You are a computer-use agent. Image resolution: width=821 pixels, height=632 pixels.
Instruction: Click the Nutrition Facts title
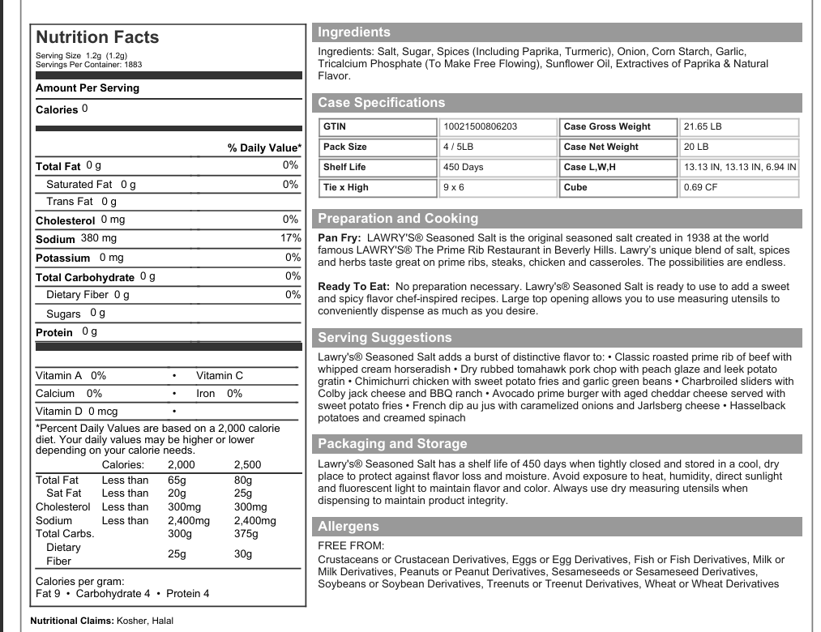coord(97,37)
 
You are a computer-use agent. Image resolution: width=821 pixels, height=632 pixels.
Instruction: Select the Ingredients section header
coord(354,32)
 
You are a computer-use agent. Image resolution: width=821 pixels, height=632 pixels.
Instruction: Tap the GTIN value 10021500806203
coord(481,126)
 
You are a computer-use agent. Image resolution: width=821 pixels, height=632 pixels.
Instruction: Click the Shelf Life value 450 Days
coord(464,167)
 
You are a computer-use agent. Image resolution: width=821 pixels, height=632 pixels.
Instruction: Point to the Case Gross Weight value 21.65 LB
coord(703,126)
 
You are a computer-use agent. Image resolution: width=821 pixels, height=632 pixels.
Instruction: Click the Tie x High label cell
coord(346,187)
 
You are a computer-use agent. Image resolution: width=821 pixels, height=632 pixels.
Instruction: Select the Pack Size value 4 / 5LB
coord(459,147)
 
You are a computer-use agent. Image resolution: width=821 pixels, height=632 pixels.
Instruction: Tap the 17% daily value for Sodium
coord(290,238)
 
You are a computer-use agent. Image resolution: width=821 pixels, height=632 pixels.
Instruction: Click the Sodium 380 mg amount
coord(98,238)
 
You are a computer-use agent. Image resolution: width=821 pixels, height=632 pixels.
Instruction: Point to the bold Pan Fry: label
coord(340,238)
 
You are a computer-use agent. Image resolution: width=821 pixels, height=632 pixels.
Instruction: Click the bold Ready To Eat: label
coord(354,287)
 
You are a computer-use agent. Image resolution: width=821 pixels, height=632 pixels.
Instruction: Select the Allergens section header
coord(348,527)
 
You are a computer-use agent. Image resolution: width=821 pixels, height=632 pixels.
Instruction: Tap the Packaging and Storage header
coord(392,444)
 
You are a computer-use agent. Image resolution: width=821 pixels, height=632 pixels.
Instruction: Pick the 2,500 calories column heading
coord(248,465)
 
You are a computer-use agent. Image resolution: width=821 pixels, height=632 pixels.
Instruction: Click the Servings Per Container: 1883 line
coord(89,64)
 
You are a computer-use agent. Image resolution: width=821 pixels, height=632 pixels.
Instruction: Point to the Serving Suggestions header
coord(385,338)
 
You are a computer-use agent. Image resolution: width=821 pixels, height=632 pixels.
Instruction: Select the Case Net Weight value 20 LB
coord(696,147)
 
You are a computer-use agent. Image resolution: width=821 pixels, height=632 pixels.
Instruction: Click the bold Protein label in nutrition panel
coord(54,332)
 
